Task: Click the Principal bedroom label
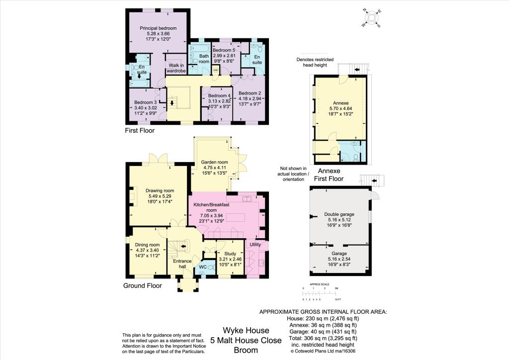coord(158,28)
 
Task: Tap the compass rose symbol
coord(371,18)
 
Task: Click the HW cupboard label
coord(216,71)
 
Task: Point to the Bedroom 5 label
coord(223,50)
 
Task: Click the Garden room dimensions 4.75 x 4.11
coord(214,168)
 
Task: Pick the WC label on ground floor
coord(202,267)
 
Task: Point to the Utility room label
coord(255,244)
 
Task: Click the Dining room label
coord(148,245)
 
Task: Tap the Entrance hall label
coord(182,264)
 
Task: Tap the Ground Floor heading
coord(143,286)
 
